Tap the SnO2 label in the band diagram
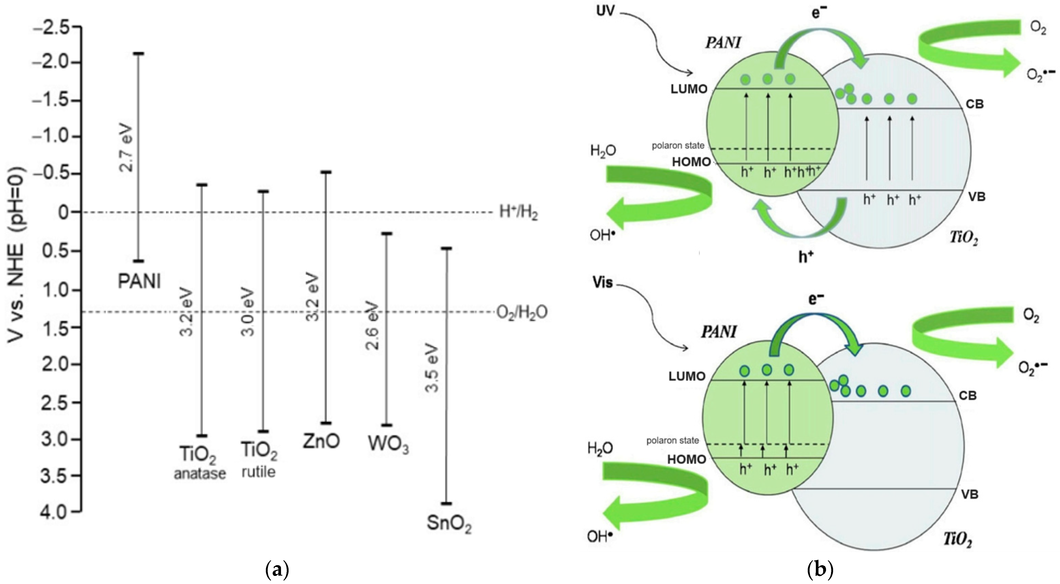pos(449,524)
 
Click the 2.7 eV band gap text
pos(126,147)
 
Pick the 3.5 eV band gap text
pos(432,367)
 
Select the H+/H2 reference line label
pos(518,212)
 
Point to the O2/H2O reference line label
pos(522,312)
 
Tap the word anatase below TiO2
pos(199,474)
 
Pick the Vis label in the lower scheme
pos(603,282)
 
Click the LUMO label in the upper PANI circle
pos(689,89)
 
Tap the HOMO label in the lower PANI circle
pos(686,459)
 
